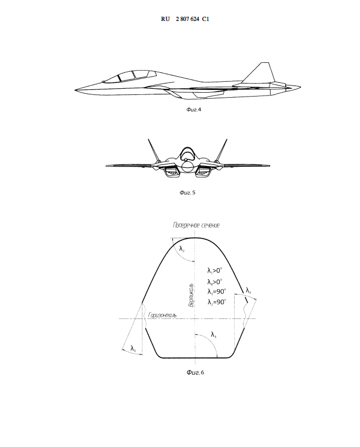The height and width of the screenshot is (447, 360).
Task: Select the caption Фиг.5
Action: (188, 193)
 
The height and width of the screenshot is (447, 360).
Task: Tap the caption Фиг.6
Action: (195, 372)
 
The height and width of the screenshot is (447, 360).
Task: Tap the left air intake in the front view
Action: (171, 173)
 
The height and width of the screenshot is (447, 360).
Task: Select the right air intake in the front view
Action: (204, 173)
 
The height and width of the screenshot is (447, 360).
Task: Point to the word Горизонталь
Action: (162, 315)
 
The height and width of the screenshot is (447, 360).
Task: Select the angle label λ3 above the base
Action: (214, 334)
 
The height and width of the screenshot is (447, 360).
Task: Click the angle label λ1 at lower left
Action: (134, 348)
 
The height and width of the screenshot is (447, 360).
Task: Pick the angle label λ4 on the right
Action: (248, 291)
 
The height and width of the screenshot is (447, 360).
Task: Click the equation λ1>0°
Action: (214, 271)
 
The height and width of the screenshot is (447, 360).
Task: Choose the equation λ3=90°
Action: (214, 291)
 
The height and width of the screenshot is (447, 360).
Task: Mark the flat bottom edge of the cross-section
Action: (195, 358)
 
